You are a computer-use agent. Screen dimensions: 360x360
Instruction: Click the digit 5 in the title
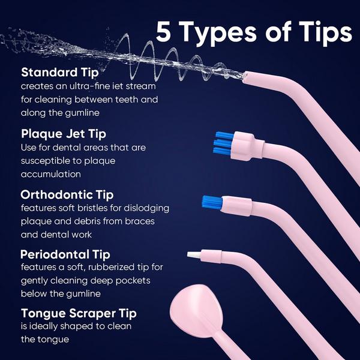pyautogui.click(x=166, y=32)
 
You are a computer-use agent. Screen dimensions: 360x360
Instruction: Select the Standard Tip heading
pyautogui.click(x=59, y=73)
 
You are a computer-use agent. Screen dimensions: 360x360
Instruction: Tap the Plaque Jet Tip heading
pyautogui.click(x=63, y=133)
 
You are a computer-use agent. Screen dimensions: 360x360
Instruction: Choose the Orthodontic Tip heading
pyautogui.click(x=67, y=195)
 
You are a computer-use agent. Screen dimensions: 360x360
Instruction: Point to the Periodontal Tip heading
pyautogui.click(x=65, y=254)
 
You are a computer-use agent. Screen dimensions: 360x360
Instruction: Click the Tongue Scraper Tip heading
pyautogui.click(x=78, y=313)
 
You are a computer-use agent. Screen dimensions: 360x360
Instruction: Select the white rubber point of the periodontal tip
pyautogui.click(x=195, y=255)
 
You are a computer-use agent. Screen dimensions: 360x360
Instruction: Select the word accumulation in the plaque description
pyautogui.click(x=51, y=174)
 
